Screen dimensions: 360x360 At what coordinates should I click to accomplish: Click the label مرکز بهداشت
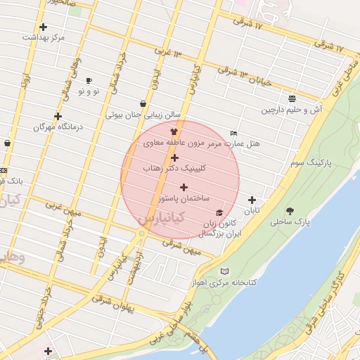click(44, 36)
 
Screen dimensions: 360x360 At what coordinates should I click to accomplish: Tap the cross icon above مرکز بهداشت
click(44, 27)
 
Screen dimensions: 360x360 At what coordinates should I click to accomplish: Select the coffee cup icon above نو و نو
click(89, 81)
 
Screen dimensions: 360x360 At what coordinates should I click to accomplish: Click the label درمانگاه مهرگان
click(58, 127)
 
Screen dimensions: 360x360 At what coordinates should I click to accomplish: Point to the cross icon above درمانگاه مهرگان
click(58, 116)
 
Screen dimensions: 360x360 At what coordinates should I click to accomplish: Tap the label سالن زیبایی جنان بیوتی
click(143, 114)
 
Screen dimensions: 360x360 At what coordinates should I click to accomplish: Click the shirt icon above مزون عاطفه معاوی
click(174, 131)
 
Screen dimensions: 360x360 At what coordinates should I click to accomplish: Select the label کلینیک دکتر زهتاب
click(174, 169)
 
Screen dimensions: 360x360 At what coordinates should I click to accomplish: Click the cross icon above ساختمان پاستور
click(184, 188)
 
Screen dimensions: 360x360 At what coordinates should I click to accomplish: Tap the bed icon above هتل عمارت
click(234, 133)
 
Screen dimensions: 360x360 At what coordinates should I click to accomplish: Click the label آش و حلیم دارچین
click(292, 110)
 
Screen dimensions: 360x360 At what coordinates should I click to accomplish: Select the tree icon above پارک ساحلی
click(290, 211)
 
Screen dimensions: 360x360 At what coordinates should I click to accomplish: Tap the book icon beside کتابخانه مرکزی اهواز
click(224, 271)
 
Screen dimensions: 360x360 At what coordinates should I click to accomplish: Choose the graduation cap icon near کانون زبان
click(219, 213)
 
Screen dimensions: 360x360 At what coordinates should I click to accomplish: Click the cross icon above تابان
click(252, 200)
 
